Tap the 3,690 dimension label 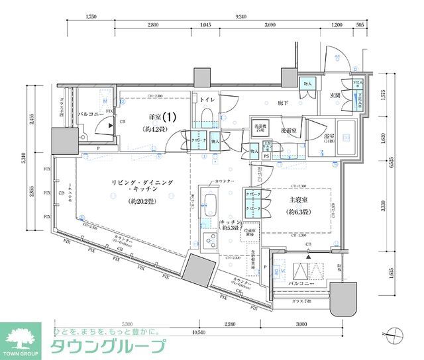270,24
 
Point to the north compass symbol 394,336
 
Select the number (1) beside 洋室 170,116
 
